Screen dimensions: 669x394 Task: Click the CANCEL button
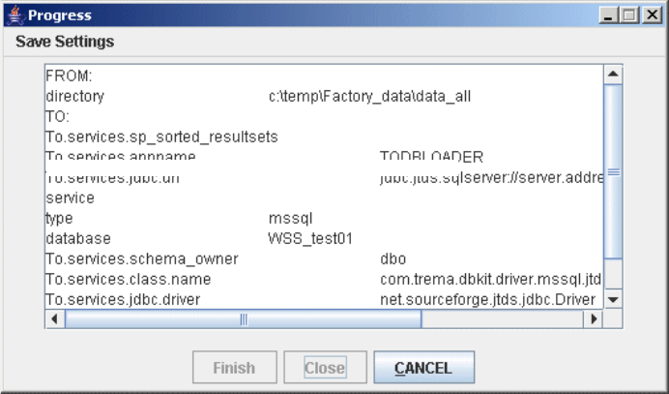click(x=423, y=368)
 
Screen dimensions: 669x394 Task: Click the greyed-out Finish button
click(x=234, y=368)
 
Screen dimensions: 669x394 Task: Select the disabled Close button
click(x=325, y=368)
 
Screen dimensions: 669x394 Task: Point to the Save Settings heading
click(x=65, y=42)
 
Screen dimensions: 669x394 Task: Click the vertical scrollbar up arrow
click(x=612, y=74)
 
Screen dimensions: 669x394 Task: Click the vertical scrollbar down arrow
click(x=612, y=300)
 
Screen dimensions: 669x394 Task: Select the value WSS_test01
click(x=307, y=238)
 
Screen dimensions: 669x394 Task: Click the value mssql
click(x=291, y=218)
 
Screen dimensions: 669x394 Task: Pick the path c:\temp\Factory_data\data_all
click(x=369, y=97)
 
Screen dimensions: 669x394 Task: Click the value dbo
click(x=393, y=258)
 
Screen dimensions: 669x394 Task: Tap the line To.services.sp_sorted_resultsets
click(x=161, y=137)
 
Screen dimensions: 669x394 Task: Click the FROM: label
click(x=68, y=76)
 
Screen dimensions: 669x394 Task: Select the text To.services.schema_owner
click(x=142, y=258)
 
